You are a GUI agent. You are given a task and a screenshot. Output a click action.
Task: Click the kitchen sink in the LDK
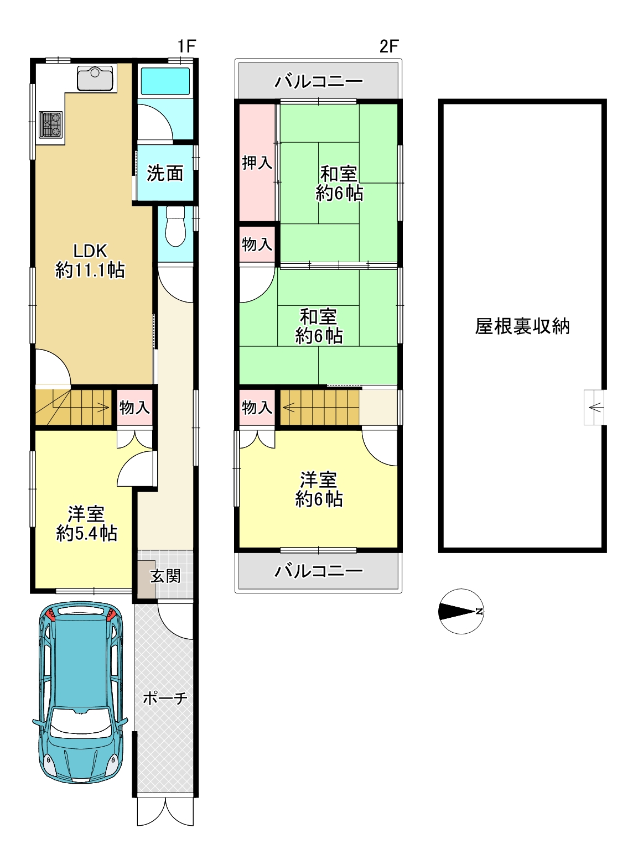tap(95, 79)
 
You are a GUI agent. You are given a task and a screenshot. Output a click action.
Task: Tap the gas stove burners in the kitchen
tap(50, 124)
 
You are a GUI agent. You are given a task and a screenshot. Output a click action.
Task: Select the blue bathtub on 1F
tap(165, 81)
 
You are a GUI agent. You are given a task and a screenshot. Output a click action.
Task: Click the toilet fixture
tap(175, 226)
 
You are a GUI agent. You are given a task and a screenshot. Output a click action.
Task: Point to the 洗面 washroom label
tap(165, 173)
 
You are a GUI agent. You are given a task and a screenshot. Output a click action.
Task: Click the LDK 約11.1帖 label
tap(90, 260)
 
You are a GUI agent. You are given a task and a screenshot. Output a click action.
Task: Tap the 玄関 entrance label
tap(165, 576)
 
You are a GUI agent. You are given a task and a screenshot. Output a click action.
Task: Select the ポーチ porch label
tap(165, 697)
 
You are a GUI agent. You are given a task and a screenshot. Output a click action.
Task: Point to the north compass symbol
tap(461, 611)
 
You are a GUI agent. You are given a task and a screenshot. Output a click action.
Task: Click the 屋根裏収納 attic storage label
tap(522, 326)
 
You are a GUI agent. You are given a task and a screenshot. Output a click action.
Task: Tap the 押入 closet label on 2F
tap(257, 163)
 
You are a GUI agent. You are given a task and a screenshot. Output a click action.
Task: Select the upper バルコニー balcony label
tap(319, 81)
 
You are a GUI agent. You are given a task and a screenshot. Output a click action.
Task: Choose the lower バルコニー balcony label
tap(319, 571)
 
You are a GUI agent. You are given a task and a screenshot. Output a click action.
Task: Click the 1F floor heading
tap(187, 46)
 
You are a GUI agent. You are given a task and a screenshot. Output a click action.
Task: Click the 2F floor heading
tap(388, 46)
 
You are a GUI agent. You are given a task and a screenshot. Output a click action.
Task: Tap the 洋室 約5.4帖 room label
tap(86, 524)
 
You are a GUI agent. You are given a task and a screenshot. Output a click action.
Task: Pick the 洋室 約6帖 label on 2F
tap(319, 489)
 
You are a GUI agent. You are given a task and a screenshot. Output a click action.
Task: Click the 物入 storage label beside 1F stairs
tap(134, 408)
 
